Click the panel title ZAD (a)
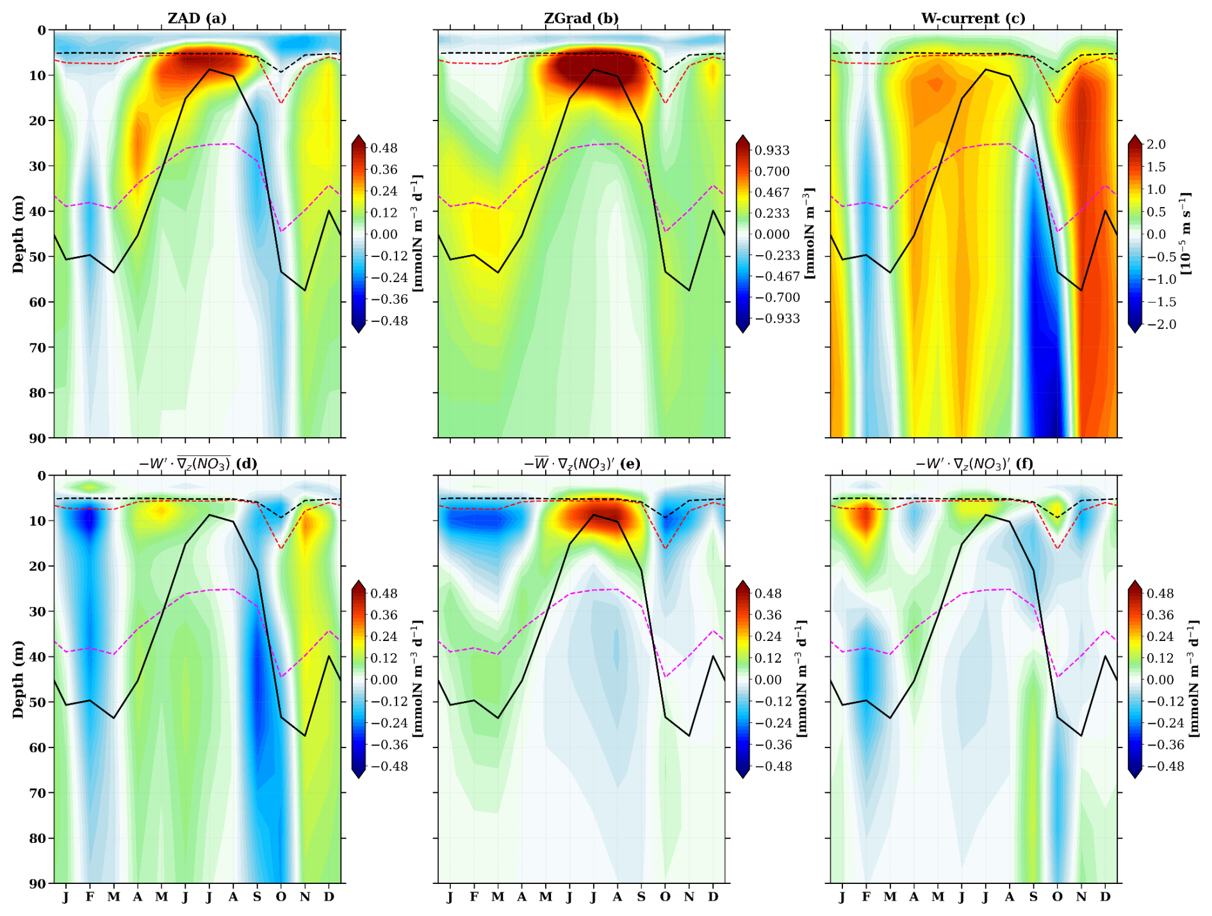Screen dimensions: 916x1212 point(197,18)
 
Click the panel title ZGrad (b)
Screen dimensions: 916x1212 point(581,18)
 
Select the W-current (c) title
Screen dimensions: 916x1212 point(973,18)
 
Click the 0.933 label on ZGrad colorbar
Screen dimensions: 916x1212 point(772,151)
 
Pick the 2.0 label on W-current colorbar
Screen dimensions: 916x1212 point(1156,145)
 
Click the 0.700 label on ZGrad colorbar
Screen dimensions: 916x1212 point(772,172)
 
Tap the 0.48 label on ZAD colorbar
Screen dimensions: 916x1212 point(384,148)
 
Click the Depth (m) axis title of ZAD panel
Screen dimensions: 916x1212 point(18,234)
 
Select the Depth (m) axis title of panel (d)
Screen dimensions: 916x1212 point(18,679)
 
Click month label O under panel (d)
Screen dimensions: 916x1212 point(281,897)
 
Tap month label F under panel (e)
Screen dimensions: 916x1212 point(474,897)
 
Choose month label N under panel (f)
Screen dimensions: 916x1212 point(1081,897)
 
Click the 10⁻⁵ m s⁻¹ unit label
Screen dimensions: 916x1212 point(1186,234)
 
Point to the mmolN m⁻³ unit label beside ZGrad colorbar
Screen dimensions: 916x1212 point(810,234)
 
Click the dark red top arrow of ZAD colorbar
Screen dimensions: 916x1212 point(359,141)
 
